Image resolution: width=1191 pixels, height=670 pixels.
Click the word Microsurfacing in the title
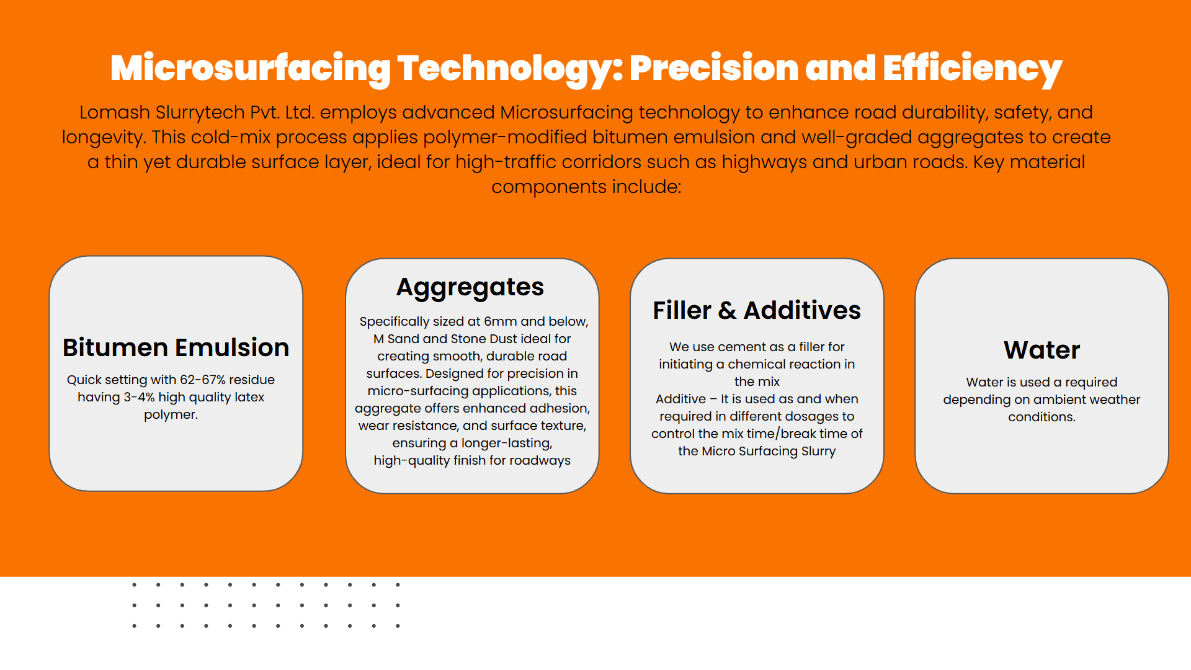pos(250,69)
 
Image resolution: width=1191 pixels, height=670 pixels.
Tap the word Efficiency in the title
pos(972,69)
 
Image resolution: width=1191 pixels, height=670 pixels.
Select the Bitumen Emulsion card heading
pos(176,348)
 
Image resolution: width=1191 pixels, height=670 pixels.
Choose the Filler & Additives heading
pos(757,310)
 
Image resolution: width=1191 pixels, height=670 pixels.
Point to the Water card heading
pos(1042,351)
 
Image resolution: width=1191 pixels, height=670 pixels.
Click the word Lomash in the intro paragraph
pos(115,112)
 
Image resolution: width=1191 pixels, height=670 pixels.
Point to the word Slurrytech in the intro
pos(200,112)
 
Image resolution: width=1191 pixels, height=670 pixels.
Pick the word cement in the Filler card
pos(742,347)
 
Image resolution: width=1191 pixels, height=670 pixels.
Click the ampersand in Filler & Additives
pos(727,310)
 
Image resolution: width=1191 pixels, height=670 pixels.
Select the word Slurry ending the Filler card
pos(818,452)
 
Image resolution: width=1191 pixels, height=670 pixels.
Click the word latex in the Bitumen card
pos(249,397)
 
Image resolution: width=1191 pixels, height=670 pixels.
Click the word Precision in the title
pos(714,69)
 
